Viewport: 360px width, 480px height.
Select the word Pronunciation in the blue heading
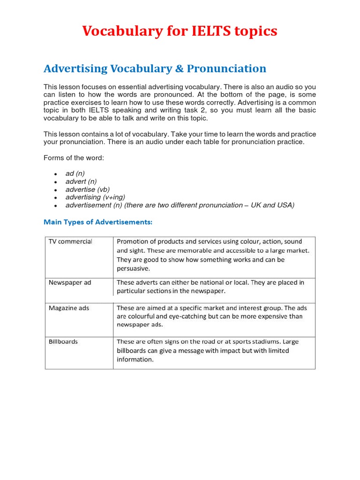tap(226, 69)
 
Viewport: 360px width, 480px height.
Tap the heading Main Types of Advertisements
tap(98, 222)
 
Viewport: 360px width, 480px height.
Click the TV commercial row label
tap(70, 242)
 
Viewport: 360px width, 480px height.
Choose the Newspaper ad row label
tap(70, 283)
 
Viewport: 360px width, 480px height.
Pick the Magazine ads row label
tap(69, 308)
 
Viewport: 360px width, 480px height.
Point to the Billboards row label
tap(63, 342)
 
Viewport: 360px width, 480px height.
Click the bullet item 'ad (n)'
tap(75, 173)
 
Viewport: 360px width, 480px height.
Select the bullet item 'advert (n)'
tap(81, 181)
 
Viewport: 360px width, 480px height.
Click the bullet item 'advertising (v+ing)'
tap(95, 197)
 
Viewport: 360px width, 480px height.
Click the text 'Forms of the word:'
tap(74, 158)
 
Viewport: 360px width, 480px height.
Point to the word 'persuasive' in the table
tap(134, 269)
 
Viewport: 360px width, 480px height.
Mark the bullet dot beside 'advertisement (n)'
tap(55, 206)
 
